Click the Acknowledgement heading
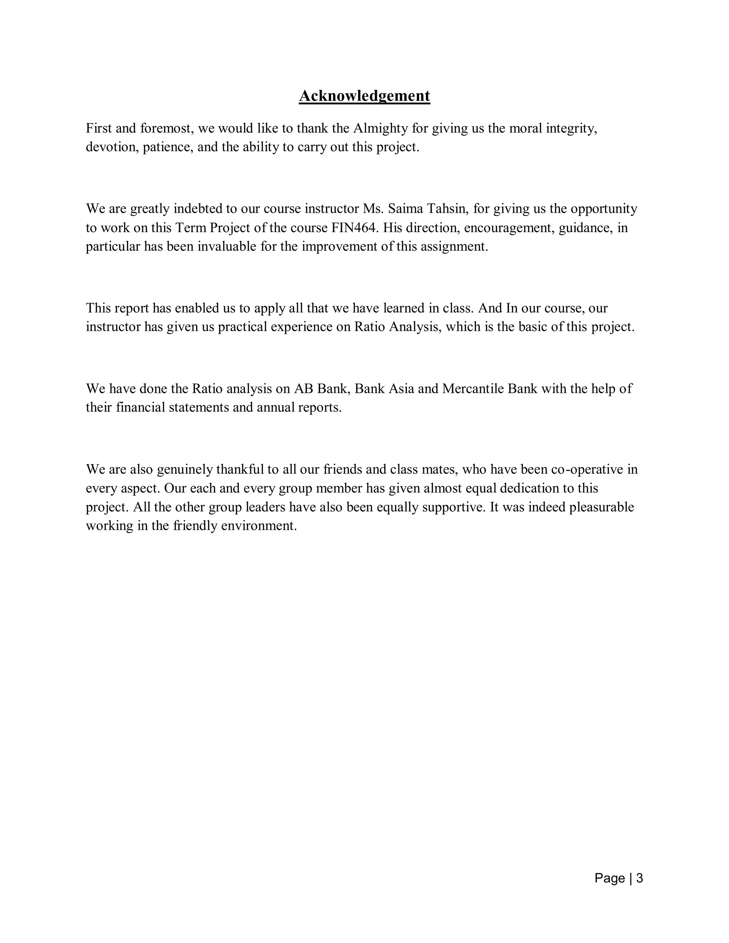coord(364,96)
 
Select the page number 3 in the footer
coord(640,878)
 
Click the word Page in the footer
coord(609,878)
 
